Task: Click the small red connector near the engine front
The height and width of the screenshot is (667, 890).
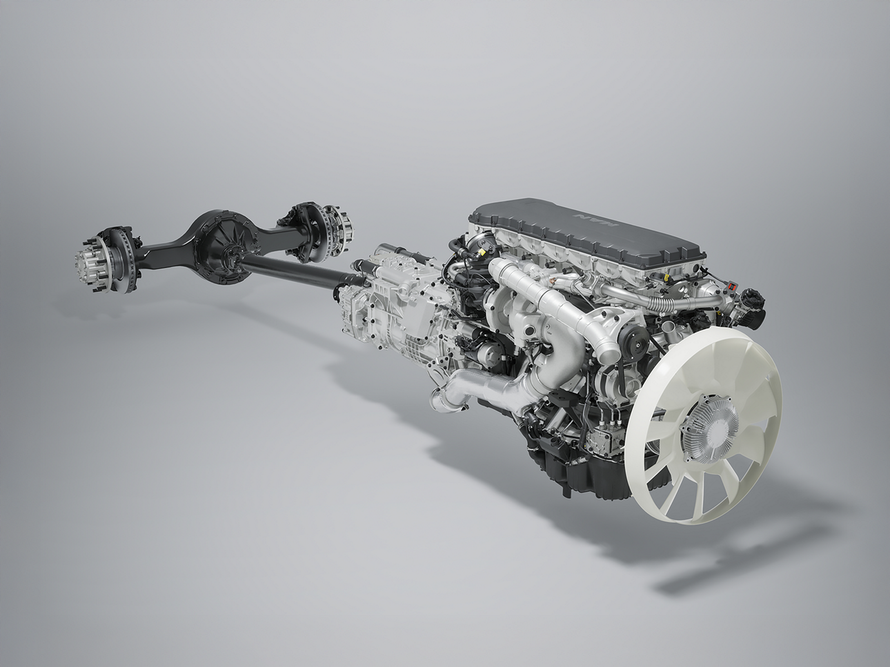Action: [732, 287]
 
